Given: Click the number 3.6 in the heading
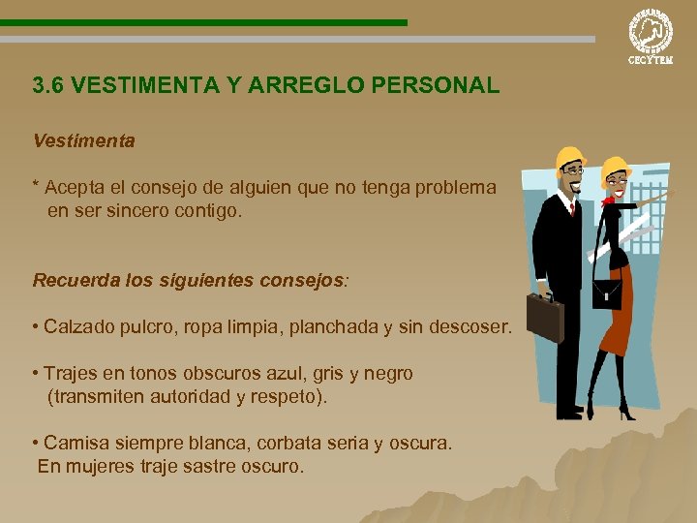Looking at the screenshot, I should tap(48, 86).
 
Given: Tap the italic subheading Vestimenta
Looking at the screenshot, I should tap(83, 141).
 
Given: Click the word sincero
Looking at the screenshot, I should tap(136, 209).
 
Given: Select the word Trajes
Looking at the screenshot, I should tap(72, 374).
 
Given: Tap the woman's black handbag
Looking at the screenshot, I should tap(606, 291).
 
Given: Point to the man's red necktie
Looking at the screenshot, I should tap(572, 208).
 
